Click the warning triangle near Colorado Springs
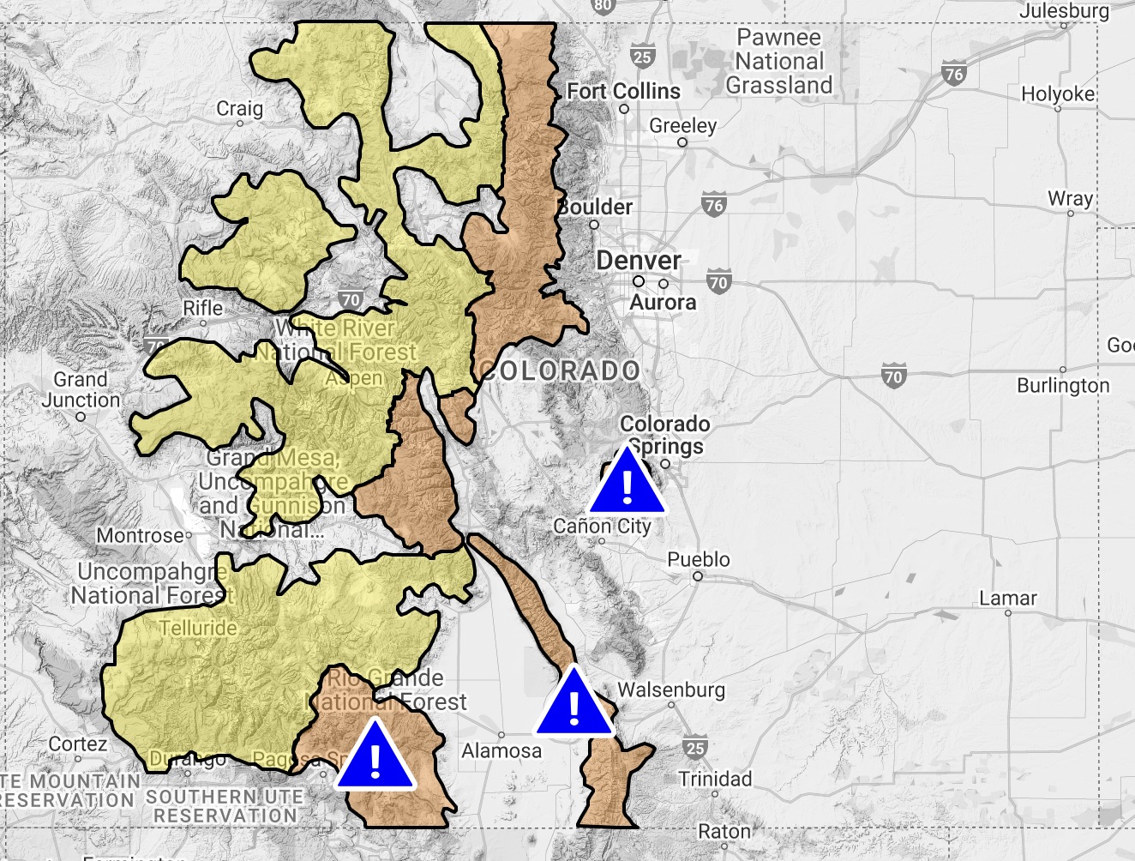[628, 485]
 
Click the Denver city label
[639, 261]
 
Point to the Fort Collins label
[623, 91]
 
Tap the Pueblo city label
[698, 559]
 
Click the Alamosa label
[501, 751]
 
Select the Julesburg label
[1064, 11]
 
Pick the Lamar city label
[1008, 598]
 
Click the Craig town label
[239, 108]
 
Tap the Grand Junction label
[81, 389]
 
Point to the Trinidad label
[715, 779]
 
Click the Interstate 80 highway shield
[604, 5]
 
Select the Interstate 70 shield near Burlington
[893, 376]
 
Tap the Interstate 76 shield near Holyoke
[953, 74]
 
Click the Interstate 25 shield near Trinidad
[695, 748]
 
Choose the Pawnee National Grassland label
[778, 62]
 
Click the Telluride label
[198, 628]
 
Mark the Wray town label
[1070, 198]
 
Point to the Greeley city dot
[682, 142]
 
